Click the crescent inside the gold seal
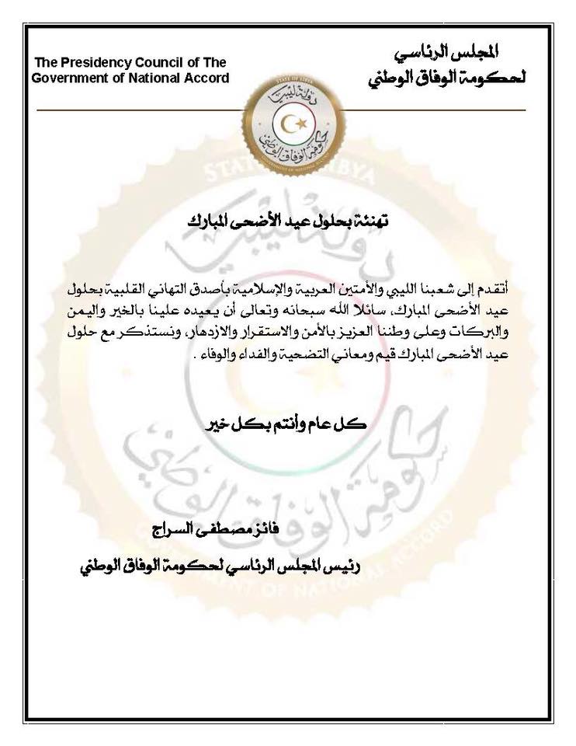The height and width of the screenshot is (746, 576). pyautogui.click(x=292, y=124)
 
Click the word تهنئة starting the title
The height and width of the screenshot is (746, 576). pyautogui.click(x=370, y=222)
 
